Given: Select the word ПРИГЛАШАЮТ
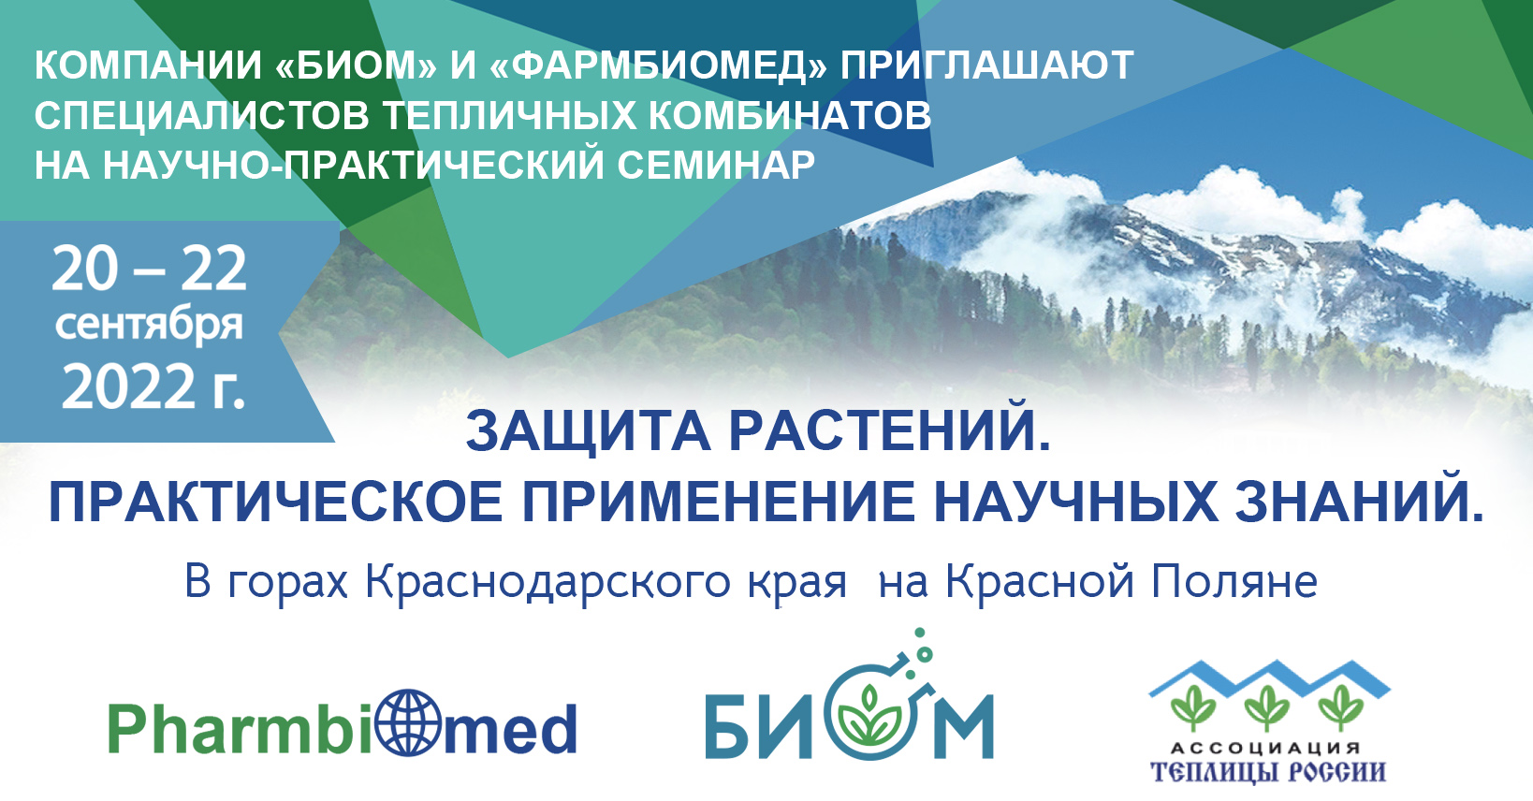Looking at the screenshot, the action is click(x=986, y=66).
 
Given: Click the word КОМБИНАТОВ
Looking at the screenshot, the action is click(x=790, y=115).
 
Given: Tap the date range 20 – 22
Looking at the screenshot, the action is click(x=149, y=269).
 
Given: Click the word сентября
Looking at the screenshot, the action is click(x=149, y=326).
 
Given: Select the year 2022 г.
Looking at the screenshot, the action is click(x=153, y=386).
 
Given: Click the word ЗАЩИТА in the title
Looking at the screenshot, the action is click(x=588, y=431).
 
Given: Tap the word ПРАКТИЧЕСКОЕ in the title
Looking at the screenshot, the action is click(x=276, y=502).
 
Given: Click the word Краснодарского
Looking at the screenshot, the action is click(x=548, y=583).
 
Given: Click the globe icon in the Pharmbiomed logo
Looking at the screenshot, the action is click(x=409, y=722).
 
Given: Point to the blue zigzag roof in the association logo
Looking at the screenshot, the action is click(x=1269, y=678).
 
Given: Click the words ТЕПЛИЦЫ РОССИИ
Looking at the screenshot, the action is click(x=1268, y=772).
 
